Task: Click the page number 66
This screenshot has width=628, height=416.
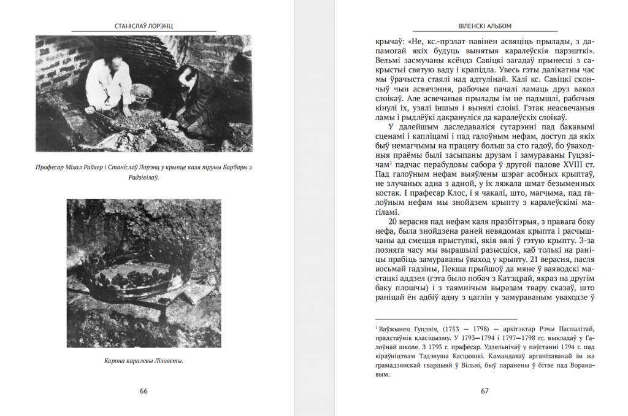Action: [x=144, y=391]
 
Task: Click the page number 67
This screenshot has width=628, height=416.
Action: [x=484, y=391]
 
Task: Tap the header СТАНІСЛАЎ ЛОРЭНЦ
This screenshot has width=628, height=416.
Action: [x=144, y=26]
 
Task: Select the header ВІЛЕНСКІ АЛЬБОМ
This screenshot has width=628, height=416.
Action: [x=484, y=26]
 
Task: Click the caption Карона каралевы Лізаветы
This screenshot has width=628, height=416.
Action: [x=144, y=361]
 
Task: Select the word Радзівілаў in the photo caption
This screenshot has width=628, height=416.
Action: [x=144, y=177]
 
